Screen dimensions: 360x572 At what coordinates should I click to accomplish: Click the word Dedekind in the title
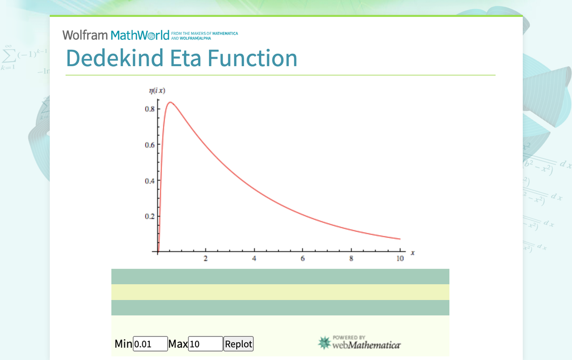tap(115, 58)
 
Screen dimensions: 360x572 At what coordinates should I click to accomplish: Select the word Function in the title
tap(252, 58)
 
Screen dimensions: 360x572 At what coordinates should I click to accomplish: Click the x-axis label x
tap(413, 253)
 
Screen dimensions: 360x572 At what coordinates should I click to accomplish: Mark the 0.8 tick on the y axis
tap(149, 109)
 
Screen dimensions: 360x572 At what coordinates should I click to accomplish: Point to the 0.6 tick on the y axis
tap(149, 145)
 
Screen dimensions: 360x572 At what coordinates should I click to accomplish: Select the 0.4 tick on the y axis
tap(149, 180)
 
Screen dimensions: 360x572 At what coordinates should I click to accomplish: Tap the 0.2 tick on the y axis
tap(149, 216)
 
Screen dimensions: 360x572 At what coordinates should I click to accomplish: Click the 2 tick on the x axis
tap(206, 259)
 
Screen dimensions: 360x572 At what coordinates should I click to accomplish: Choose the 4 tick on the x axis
tap(254, 259)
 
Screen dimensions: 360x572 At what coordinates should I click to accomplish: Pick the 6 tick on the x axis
tap(302, 259)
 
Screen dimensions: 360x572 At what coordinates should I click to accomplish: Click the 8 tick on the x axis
tap(351, 259)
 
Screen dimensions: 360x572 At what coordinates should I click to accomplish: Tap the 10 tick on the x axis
tap(399, 259)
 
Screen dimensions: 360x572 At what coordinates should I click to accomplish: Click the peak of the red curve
tap(170, 102)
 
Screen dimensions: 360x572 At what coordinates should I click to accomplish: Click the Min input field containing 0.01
tap(150, 344)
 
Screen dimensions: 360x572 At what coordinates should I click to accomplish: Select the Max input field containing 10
tap(205, 344)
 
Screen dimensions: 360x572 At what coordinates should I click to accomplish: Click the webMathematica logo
tap(359, 343)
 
